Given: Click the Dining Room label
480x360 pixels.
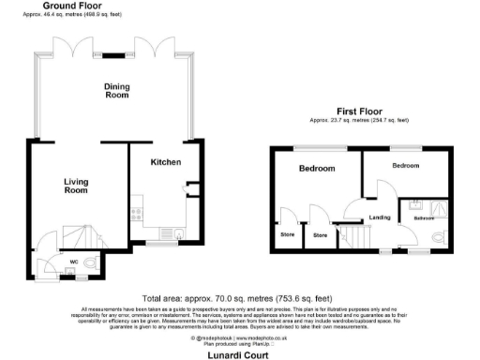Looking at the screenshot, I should click(x=116, y=90).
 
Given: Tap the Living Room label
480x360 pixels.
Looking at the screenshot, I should click(x=76, y=186).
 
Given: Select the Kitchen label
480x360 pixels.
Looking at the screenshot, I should click(x=166, y=162).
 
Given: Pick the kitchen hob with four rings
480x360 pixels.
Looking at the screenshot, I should click(x=138, y=212).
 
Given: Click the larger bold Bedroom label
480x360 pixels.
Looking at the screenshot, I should click(x=316, y=169).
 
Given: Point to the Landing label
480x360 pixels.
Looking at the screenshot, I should click(x=380, y=218).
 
